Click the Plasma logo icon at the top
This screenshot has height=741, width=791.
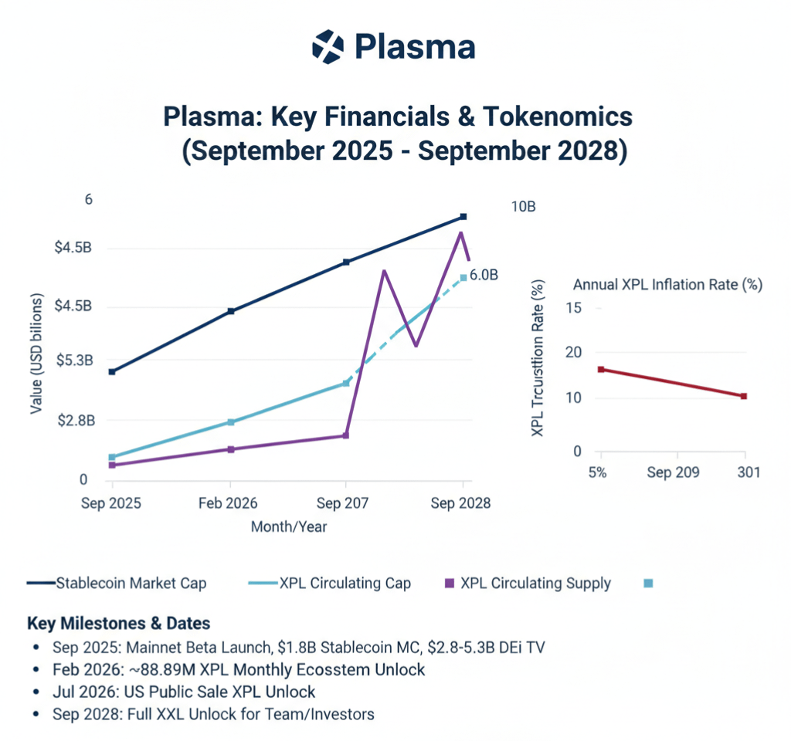point(327,46)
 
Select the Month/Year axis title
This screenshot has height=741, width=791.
point(288,527)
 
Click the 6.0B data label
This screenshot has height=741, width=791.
point(484,276)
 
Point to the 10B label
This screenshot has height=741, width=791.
point(523,207)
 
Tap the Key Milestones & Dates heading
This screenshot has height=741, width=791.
point(118,623)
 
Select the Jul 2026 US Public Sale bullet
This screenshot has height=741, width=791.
point(184,692)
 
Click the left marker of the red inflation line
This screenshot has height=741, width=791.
point(601,370)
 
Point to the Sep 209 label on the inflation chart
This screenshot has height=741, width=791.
point(674,472)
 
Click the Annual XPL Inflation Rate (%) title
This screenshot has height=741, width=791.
point(667,284)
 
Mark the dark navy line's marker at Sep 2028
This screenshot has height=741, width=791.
point(463,217)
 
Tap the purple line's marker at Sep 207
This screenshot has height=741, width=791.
point(345,435)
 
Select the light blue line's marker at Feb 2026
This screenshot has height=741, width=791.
point(230,422)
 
